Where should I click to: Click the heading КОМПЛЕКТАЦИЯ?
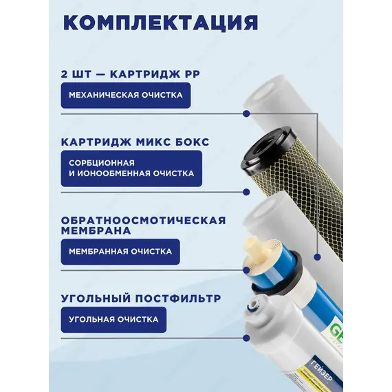point(161,23)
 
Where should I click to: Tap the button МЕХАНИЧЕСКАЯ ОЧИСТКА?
point(126,96)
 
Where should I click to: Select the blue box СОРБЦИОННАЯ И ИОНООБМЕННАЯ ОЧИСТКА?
point(131,168)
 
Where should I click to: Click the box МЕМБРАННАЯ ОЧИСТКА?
point(120,252)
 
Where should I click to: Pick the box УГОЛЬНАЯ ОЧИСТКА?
point(113,320)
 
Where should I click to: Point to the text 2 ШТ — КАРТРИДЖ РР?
point(131,74)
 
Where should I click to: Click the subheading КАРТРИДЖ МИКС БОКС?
point(135,142)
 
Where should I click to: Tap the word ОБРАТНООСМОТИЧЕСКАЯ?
point(144,221)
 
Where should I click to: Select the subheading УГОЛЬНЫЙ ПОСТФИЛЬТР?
point(141,298)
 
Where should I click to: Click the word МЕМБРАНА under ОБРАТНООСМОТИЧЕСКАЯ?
point(96,230)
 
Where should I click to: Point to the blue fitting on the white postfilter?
point(251,310)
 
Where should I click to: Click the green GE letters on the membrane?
point(336,331)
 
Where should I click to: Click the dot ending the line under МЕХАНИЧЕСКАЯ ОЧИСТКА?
point(246,113)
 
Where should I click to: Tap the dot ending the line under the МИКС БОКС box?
point(246,192)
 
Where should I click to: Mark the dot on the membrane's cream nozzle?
point(246,270)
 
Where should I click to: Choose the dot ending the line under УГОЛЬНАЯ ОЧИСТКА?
point(246,338)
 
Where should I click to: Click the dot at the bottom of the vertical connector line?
point(318,257)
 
